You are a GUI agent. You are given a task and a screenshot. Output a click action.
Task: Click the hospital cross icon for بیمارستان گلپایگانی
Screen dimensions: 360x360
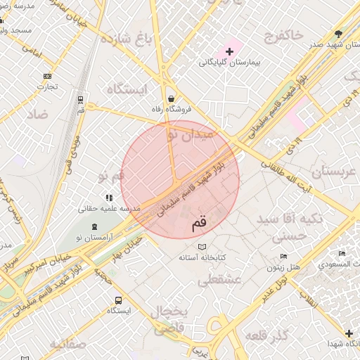click(x=229, y=51)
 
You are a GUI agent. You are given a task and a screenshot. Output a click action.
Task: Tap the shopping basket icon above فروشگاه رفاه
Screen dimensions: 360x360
click(x=171, y=98)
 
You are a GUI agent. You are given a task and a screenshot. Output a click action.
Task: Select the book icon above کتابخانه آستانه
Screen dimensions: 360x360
click(x=202, y=247)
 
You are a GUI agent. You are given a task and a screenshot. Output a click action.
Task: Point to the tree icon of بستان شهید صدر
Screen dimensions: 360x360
click(x=340, y=34)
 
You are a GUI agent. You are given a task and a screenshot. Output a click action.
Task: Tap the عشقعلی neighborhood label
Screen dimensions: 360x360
click(x=219, y=280)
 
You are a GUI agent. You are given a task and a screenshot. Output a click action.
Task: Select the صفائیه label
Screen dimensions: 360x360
click(x=67, y=344)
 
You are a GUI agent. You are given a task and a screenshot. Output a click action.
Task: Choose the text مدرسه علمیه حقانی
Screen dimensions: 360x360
click(x=110, y=209)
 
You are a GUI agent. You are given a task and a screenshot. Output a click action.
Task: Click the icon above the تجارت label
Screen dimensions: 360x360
click(x=47, y=76)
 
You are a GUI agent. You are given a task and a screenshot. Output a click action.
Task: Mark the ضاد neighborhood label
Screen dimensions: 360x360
click(x=39, y=113)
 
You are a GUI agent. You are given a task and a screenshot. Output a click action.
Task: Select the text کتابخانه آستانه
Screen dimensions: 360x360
click(x=202, y=259)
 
